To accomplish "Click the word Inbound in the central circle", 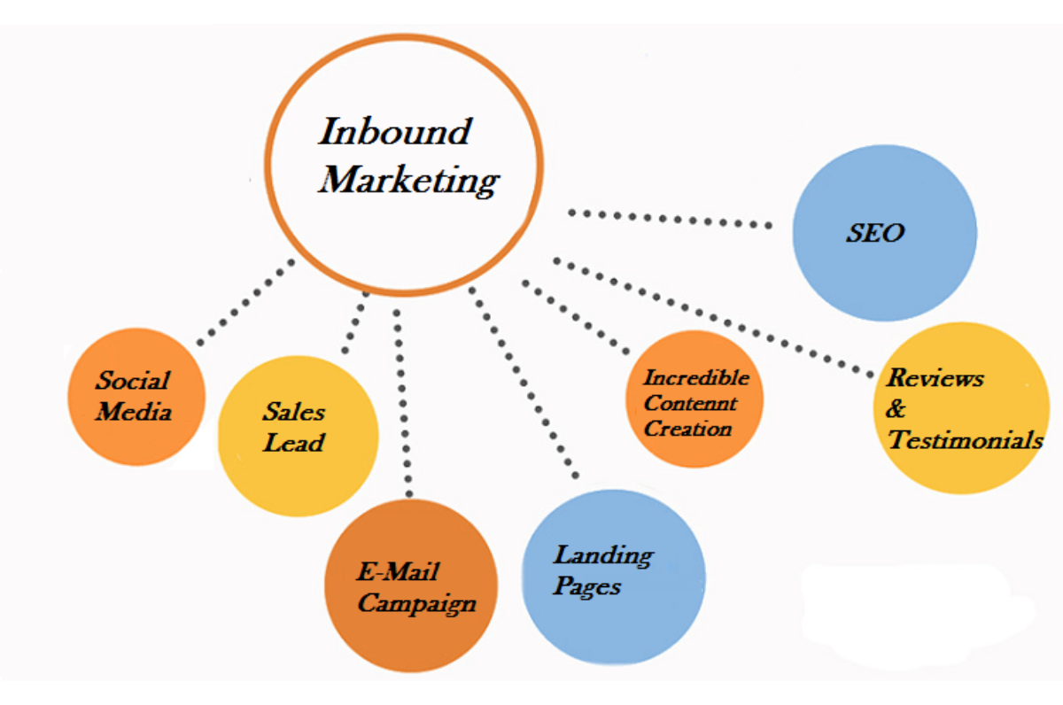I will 394,132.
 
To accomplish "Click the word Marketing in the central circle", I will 409,181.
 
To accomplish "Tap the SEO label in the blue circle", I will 875,233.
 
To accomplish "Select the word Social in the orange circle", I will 133,381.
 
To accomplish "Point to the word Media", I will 134,412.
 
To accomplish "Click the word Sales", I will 293,412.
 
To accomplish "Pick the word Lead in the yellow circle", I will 293,442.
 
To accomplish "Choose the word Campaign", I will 416,605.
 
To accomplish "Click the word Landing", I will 602,556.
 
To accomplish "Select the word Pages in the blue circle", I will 587,586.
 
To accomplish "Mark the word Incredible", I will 696,378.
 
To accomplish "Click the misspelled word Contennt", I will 690,404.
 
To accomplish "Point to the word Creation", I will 688,430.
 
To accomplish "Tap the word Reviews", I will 935,379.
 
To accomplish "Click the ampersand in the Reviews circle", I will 896,409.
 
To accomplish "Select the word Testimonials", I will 965,439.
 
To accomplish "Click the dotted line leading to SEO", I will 669,220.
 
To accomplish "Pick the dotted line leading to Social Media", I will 246,302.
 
